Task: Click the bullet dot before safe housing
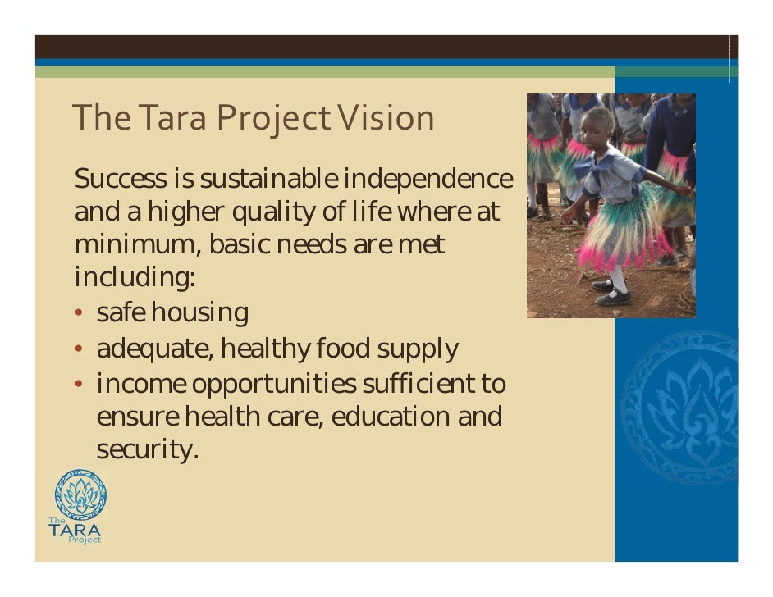[80, 313]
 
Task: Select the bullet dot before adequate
[80, 349]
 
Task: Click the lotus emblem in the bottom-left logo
[80, 495]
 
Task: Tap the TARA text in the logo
[75, 530]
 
